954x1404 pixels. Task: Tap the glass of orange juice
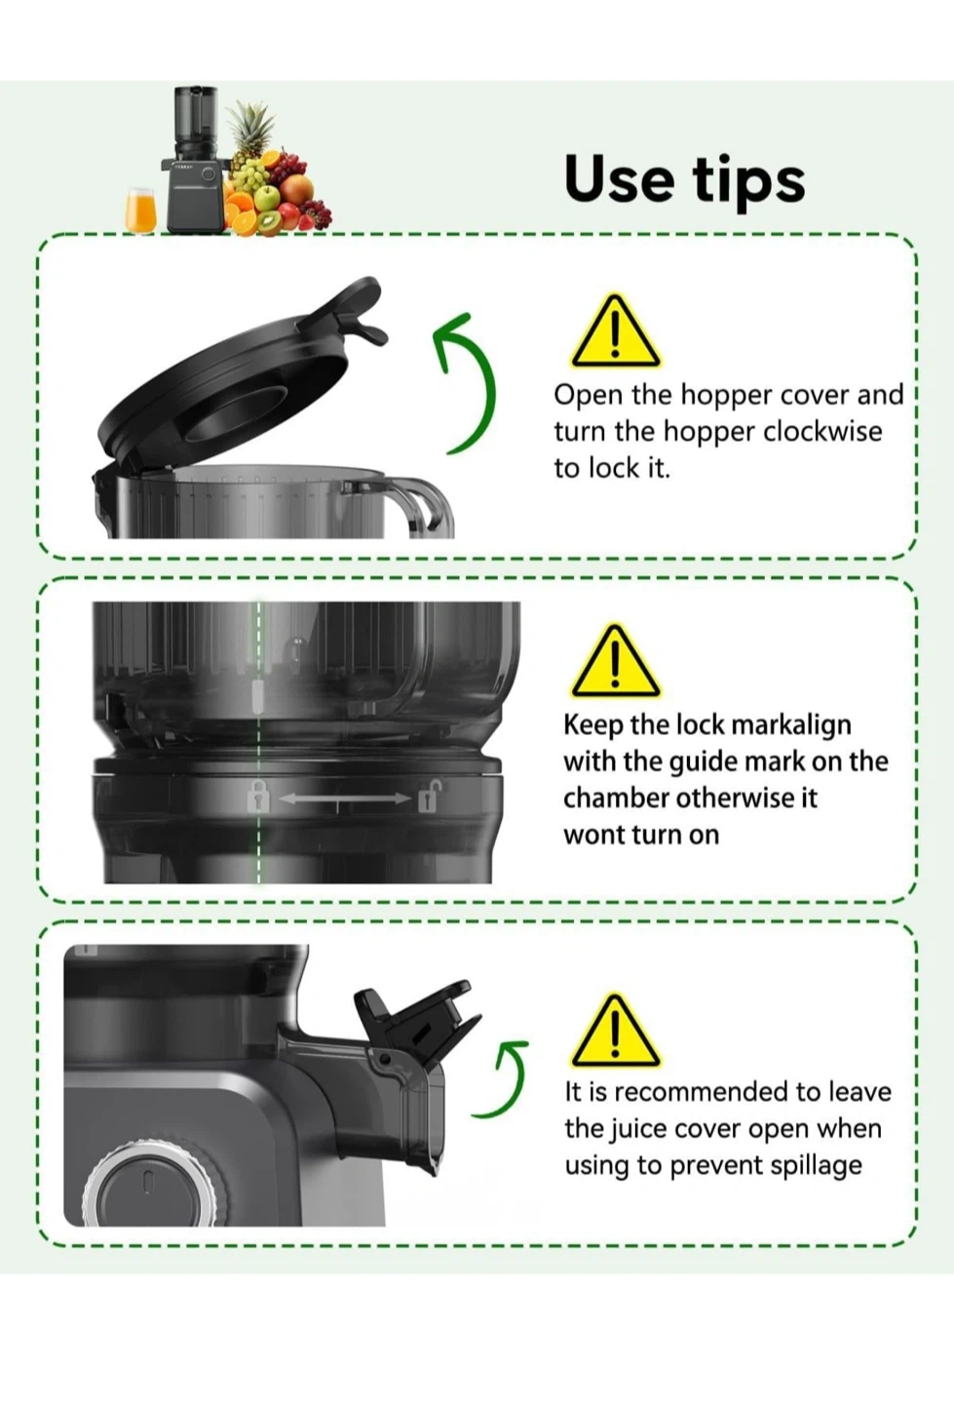(x=140, y=210)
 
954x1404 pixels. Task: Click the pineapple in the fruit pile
(x=250, y=135)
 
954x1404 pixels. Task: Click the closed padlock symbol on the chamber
(x=257, y=798)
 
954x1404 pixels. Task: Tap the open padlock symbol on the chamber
(x=428, y=796)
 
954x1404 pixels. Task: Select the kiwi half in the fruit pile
(x=270, y=222)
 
